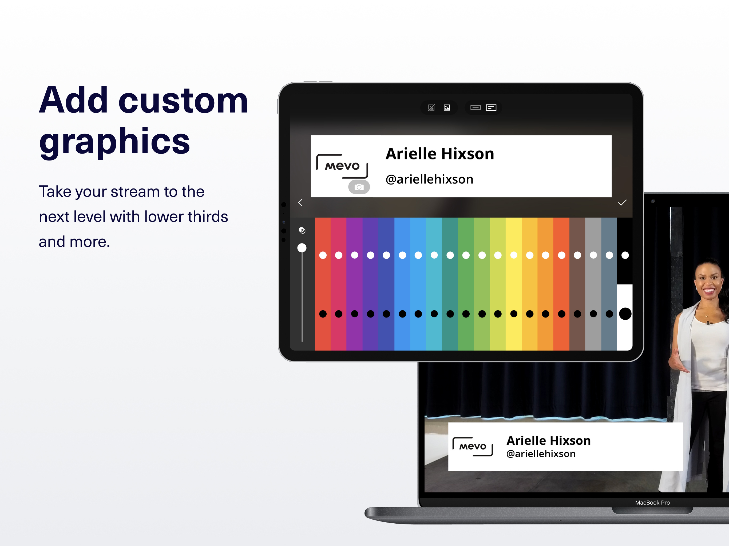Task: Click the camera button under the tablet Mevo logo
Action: [x=359, y=187]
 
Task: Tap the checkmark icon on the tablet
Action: [x=622, y=203]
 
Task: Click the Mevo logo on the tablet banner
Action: [x=342, y=166]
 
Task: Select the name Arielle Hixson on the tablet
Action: [x=440, y=154]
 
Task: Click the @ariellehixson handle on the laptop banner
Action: [x=541, y=454]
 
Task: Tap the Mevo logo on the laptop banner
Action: [x=473, y=447]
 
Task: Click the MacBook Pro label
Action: [x=652, y=503]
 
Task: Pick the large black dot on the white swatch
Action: [x=625, y=314]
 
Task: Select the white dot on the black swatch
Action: [x=625, y=255]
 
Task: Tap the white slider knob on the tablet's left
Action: [x=302, y=248]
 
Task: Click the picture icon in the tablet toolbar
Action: [x=447, y=108]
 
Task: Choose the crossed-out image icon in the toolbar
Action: [x=431, y=108]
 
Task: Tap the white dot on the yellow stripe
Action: [x=514, y=255]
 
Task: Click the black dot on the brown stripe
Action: [x=577, y=314]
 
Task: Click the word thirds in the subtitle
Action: [x=208, y=217]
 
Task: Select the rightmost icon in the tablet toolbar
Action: [x=491, y=108]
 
